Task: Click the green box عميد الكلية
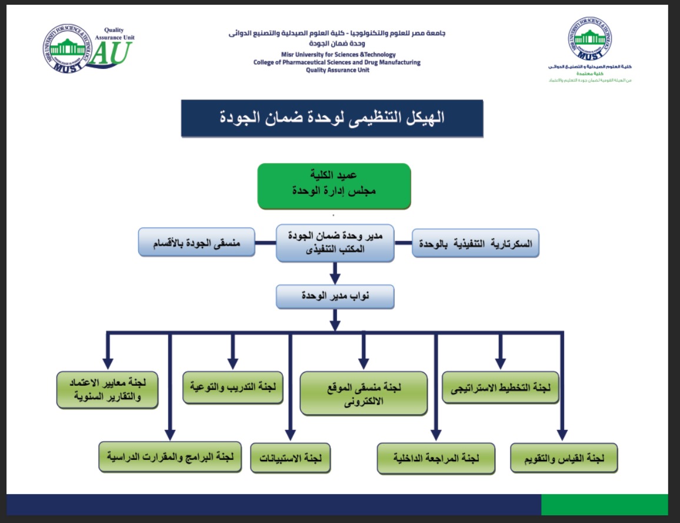point(334,186)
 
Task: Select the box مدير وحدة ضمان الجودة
point(335,242)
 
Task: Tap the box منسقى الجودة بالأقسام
point(196,242)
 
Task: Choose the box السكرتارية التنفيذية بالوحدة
point(475,242)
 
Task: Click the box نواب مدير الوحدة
point(335,296)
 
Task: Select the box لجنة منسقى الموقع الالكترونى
point(363,393)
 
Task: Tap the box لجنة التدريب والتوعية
point(233,388)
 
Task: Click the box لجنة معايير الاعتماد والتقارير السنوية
point(108,389)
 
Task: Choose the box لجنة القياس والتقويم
point(564,458)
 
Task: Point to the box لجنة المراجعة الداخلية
point(435,458)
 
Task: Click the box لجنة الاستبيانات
point(290,458)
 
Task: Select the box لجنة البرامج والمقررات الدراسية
point(171,457)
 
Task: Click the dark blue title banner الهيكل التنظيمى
point(332,118)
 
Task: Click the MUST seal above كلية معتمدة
point(589,39)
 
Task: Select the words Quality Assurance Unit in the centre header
point(337,69)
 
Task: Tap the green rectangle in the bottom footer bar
point(604,505)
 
